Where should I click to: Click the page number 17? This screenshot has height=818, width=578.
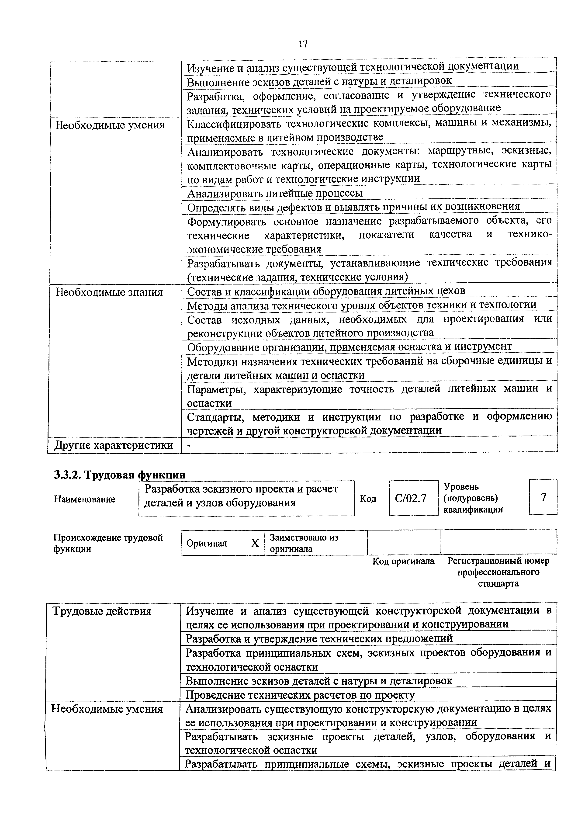click(x=303, y=44)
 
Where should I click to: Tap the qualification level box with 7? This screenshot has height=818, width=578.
click(x=543, y=497)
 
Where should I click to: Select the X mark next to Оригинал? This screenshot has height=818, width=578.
click(x=255, y=543)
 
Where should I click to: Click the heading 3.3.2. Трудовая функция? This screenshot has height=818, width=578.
click(x=119, y=475)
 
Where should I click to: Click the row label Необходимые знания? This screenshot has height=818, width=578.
click(x=109, y=292)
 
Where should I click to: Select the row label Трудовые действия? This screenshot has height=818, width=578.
click(x=102, y=611)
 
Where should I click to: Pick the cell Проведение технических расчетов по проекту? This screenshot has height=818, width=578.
click(x=300, y=695)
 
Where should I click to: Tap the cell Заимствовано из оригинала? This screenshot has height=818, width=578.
click(x=304, y=543)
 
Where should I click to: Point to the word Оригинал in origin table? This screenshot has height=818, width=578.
click(x=207, y=543)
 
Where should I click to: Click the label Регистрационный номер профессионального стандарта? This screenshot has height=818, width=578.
click(x=498, y=572)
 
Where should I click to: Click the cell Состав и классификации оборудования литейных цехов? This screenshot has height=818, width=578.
click(x=326, y=291)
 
